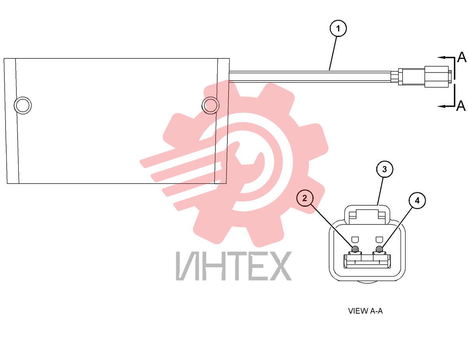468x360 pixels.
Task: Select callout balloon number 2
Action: [x=304, y=198]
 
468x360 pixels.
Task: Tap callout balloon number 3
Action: [x=385, y=169]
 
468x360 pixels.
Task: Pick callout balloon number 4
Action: [x=417, y=201]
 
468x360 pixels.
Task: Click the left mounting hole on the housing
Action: [x=23, y=105]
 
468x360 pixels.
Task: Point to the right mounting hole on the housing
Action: [x=211, y=105]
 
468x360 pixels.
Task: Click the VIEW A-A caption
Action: [x=365, y=311]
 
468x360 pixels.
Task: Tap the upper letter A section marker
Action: [x=461, y=57]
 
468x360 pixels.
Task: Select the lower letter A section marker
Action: [x=461, y=106]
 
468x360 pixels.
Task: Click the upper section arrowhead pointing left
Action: [x=441, y=58]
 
